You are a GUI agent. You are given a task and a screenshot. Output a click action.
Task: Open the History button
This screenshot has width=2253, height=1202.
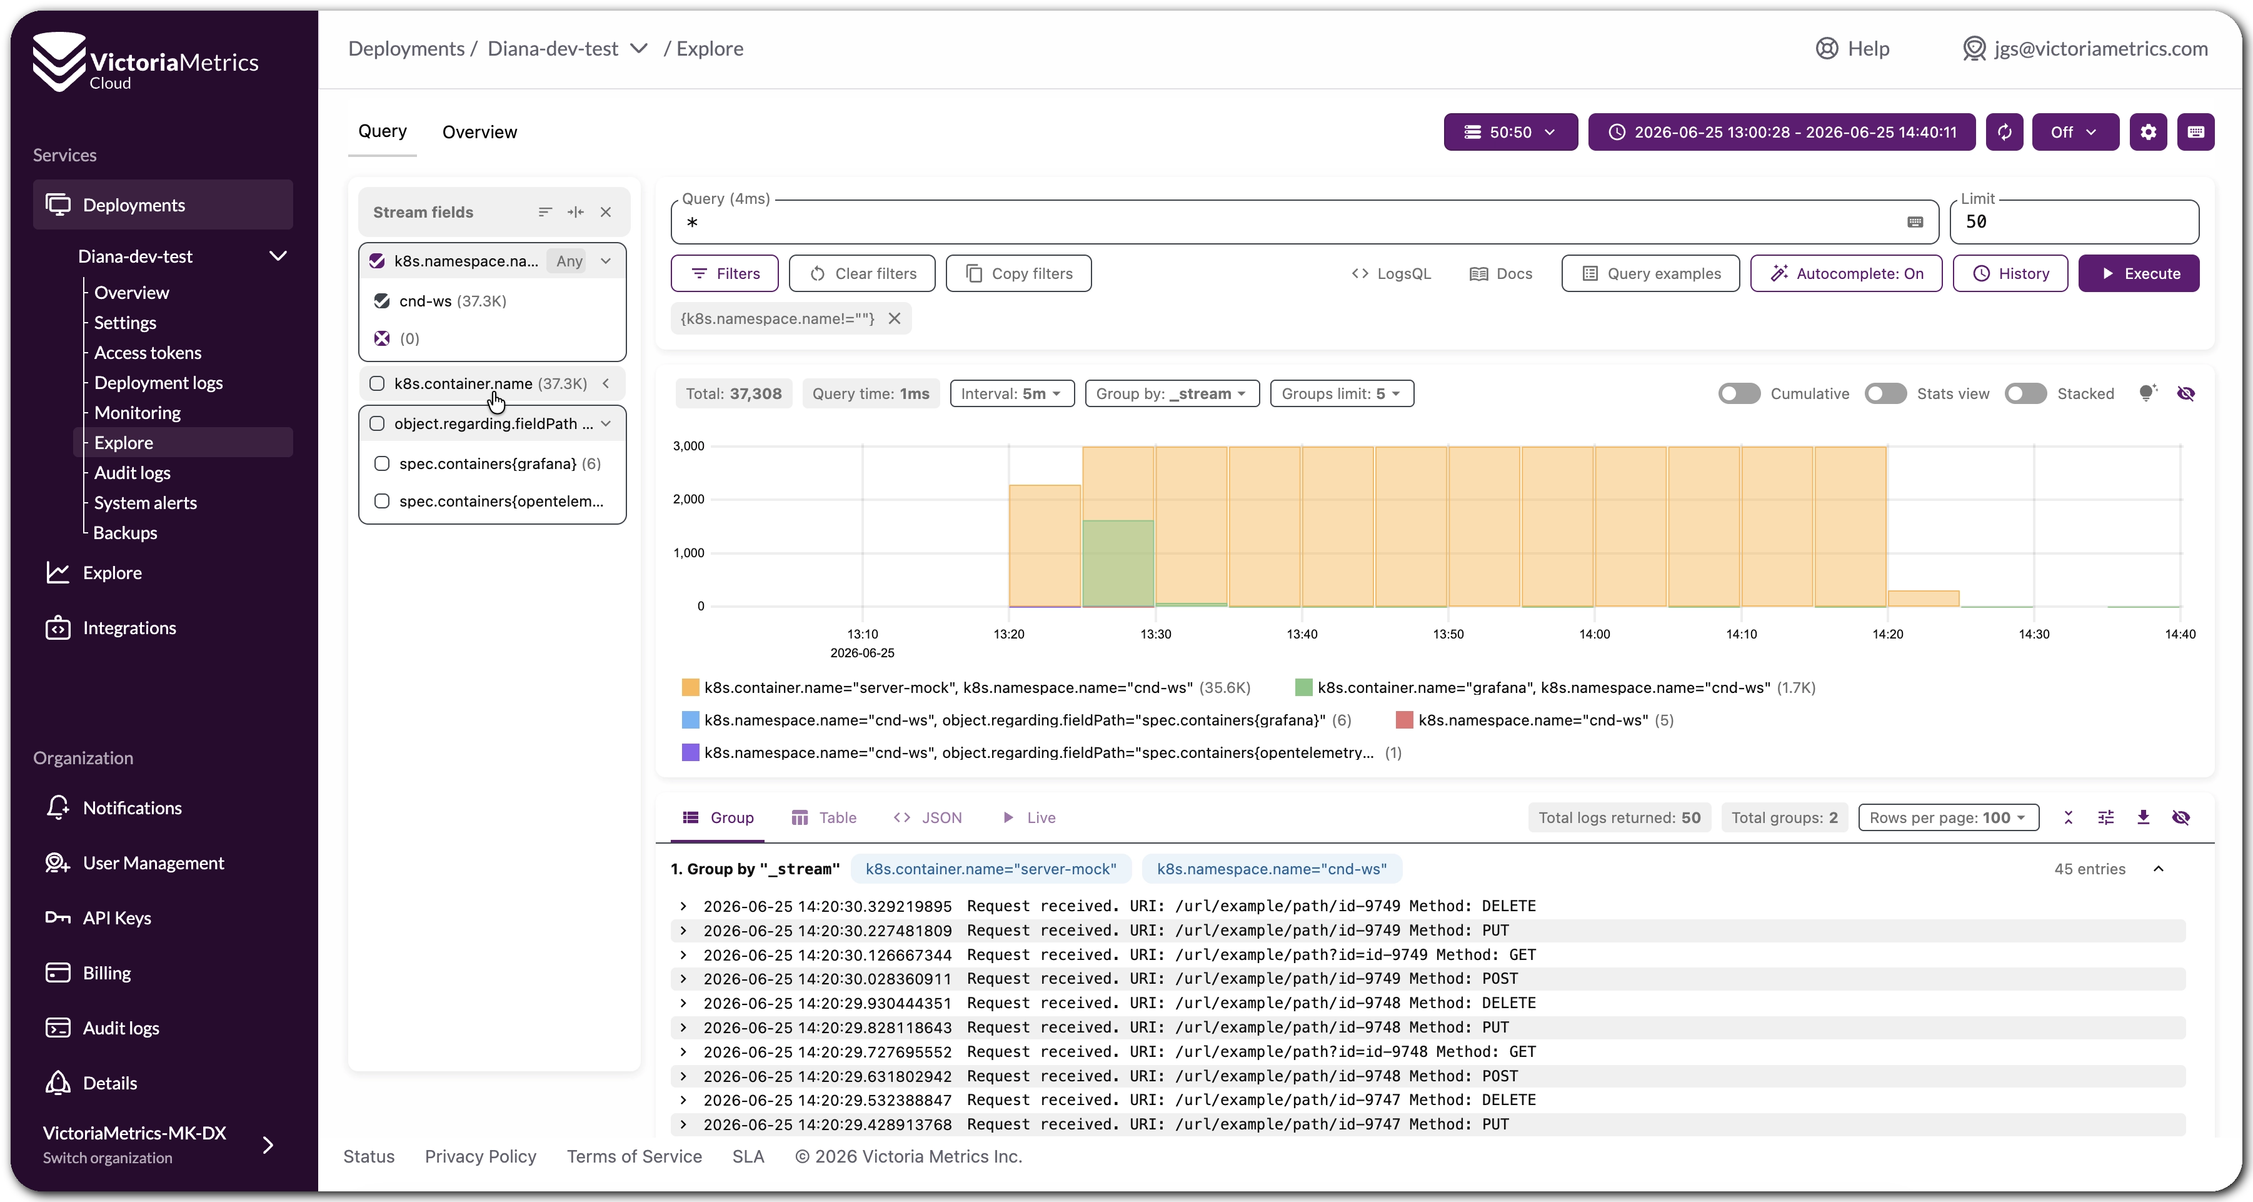pyautogui.click(x=2010, y=273)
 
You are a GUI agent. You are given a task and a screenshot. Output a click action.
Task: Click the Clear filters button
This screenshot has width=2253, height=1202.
pyautogui.click(x=861, y=273)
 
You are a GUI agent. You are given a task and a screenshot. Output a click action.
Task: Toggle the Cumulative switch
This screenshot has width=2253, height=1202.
pyautogui.click(x=1739, y=393)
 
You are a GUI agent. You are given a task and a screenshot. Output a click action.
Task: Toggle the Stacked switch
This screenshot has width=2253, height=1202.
pyautogui.click(x=2025, y=393)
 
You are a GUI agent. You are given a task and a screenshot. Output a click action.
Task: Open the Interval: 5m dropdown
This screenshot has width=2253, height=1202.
pyautogui.click(x=1011, y=393)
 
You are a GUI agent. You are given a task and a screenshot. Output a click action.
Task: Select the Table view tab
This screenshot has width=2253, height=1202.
pyautogui.click(x=824, y=817)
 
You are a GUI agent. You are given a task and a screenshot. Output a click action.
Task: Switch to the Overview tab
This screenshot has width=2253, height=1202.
pyautogui.click(x=479, y=132)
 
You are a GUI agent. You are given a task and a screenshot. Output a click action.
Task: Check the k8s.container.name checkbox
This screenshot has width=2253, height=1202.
pyautogui.click(x=377, y=383)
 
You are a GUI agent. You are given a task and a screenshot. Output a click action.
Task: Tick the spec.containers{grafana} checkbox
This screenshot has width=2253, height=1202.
pyautogui.click(x=382, y=463)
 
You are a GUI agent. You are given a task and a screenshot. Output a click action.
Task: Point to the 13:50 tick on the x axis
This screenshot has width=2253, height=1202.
pyautogui.click(x=1448, y=634)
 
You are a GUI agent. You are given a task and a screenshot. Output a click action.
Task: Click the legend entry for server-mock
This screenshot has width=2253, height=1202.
pyautogui.click(x=966, y=687)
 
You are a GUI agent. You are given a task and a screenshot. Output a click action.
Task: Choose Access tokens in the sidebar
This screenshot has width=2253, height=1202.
pyautogui.click(x=148, y=353)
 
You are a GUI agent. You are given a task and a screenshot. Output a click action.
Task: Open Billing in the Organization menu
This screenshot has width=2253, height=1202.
pyautogui.click(x=107, y=973)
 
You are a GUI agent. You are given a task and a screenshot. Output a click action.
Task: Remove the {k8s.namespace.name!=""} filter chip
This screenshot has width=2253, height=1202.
pyautogui.click(x=894, y=318)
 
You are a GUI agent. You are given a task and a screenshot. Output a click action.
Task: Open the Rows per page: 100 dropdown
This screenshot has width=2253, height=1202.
pyautogui.click(x=1948, y=817)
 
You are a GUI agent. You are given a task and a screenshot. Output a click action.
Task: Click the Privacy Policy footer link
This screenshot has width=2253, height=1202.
pyautogui.click(x=480, y=1156)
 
